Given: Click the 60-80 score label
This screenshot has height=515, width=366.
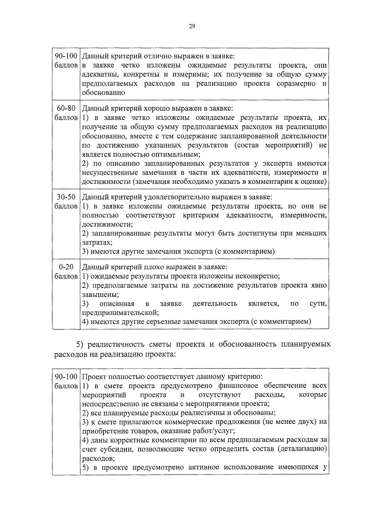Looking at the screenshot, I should coord(66,109).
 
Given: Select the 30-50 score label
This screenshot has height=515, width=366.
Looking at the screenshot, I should coord(66,197).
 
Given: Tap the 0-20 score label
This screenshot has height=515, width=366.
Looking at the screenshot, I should coord(66,267).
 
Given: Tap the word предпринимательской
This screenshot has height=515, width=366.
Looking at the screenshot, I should coord(120,313).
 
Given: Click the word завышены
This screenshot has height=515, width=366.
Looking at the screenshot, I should coord(100,295).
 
